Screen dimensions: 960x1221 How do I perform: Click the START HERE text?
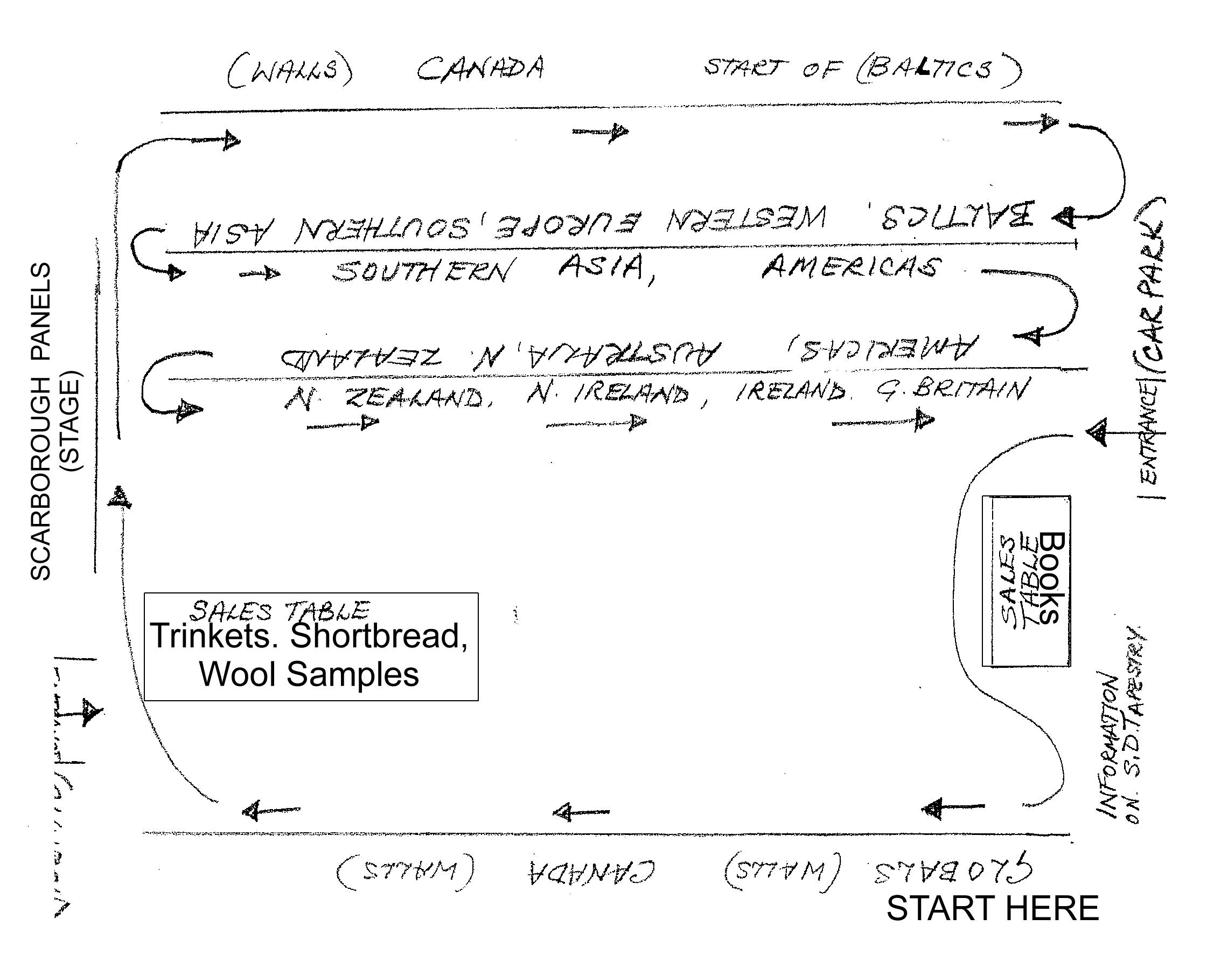point(992,909)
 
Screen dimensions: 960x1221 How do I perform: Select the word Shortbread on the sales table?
point(379,636)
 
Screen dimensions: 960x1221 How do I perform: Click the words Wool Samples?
point(310,674)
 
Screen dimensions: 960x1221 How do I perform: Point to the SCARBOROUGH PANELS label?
point(40,422)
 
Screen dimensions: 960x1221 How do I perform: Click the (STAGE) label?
point(72,422)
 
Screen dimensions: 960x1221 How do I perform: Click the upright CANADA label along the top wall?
point(481,68)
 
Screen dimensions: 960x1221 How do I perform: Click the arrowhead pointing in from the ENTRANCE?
point(1097,433)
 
